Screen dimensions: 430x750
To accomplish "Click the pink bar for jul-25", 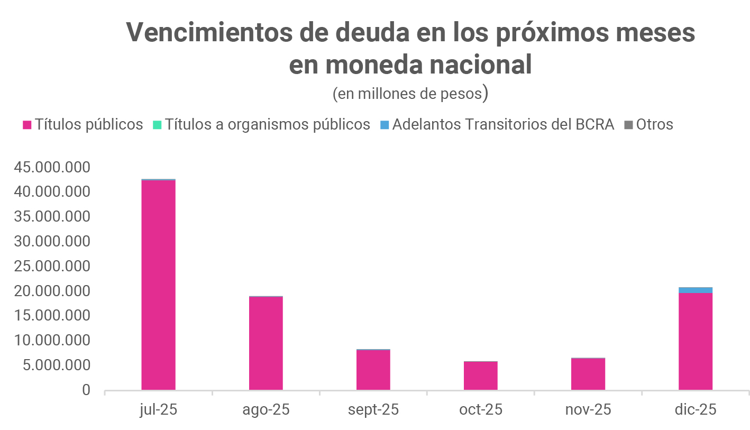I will tap(158, 286).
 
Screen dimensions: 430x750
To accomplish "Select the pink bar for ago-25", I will tap(266, 343).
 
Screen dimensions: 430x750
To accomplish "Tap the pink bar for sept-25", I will tap(373, 370).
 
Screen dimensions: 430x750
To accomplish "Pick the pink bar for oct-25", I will tap(480, 376).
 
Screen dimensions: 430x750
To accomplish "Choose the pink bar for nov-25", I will tap(588, 374).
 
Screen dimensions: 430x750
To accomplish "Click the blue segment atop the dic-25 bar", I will tap(695, 290).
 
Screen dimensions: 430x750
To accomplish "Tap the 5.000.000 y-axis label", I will tap(57, 365).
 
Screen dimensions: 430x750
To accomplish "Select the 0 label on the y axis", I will tap(86, 390).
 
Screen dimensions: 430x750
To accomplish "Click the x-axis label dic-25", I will tap(695, 410).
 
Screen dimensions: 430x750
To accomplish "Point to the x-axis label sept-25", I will tap(373, 410).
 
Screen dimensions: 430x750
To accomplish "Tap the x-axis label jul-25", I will tap(158, 410).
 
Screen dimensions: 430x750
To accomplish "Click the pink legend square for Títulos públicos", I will tap(27, 125).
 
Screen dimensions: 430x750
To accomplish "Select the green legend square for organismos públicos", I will tap(157, 125).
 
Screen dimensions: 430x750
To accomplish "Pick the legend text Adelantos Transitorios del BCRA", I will tap(503, 125).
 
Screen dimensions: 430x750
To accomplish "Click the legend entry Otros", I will tap(654, 125).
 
